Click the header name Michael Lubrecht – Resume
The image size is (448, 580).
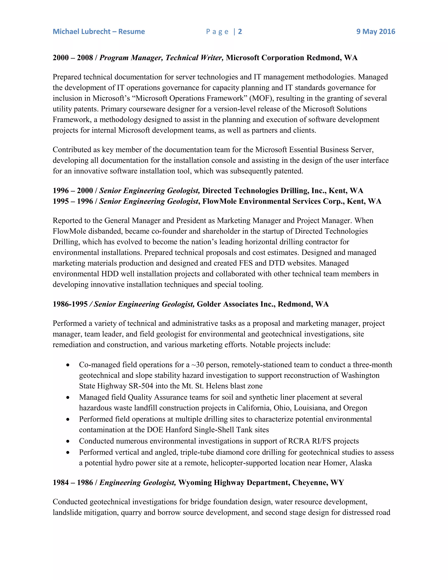tap(99, 32)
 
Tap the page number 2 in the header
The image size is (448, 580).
tap(240, 32)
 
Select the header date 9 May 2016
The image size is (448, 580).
tap(376, 32)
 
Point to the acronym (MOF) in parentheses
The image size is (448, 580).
tap(261, 98)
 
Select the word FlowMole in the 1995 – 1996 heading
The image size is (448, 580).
tap(219, 201)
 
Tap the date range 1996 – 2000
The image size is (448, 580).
tap(73, 191)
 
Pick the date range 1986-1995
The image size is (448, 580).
tap(70, 304)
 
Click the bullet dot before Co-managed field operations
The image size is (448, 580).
tap(68, 365)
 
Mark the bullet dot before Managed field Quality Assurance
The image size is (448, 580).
tap(68, 397)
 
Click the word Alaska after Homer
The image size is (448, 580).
tap(361, 463)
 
